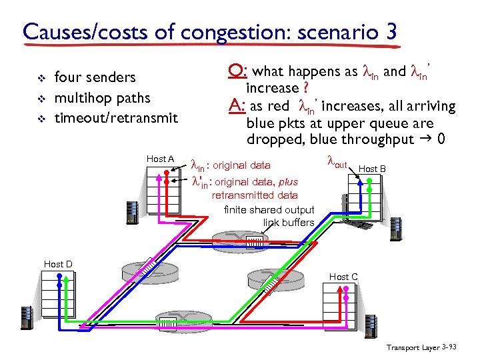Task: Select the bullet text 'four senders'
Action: tap(95, 78)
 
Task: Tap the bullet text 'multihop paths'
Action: tap(102, 98)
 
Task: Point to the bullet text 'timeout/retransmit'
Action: tap(116, 118)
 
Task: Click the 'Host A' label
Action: tap(160, 159)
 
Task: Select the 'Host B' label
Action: tap(372, 169)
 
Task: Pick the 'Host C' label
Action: tap(343, 277)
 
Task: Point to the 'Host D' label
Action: tap(58, 265)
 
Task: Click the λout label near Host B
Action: tap(337, 162)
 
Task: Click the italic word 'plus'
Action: tap(288, 182)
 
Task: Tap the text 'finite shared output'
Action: tap(269, 210)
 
